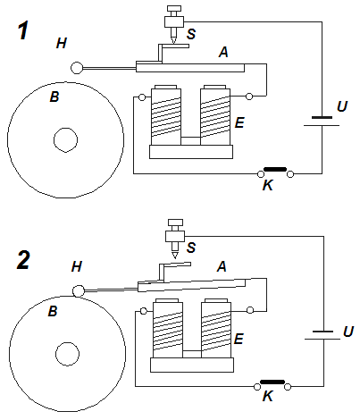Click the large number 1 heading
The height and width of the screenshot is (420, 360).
pos(23,31)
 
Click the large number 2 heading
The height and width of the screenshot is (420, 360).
pos(23,260)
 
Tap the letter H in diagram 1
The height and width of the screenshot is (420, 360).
pos(62,44)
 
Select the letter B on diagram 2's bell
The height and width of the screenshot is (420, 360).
pos(53,311)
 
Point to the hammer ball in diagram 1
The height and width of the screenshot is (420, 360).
pos(77,68)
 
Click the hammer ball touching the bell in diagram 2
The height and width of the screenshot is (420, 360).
pos(79,290)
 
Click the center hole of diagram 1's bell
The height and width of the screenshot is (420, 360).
pos(66,140)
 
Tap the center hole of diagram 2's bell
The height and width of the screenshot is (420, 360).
pos(67,354)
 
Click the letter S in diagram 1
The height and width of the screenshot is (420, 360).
pos(191,34)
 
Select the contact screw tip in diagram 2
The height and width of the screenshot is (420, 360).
pos(175,258)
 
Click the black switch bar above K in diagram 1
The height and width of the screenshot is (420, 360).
pos(275,169)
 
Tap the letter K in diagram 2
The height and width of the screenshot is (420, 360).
pos(268,397)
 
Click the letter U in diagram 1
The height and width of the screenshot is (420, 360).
pos(342,106)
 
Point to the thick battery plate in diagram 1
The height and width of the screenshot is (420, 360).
pos(322,118)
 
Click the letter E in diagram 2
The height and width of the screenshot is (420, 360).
pos(239,339)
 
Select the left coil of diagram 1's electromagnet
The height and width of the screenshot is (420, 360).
pos(166,115)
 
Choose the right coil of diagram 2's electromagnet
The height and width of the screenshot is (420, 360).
pos(216,328)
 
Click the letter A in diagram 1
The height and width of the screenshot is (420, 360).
pos(223,53)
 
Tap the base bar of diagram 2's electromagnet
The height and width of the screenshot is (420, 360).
pos(192,365)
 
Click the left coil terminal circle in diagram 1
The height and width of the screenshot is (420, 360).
pos(142,97)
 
